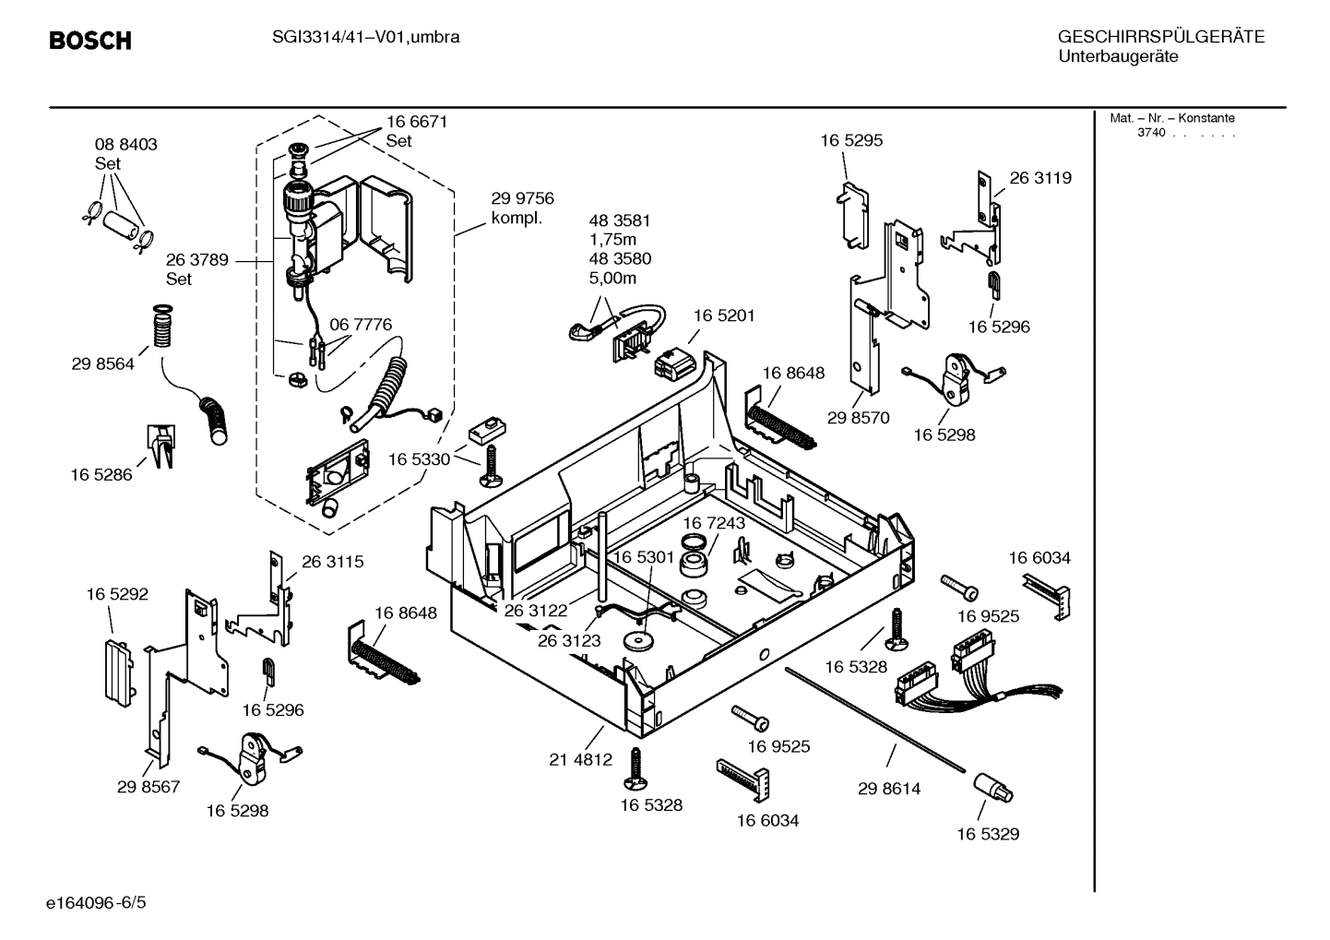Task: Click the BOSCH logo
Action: click(89, 41)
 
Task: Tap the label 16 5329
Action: click(987, 834)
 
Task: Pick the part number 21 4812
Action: click(580, 759)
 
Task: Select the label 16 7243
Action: click(714, 523)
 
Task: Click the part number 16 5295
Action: click(851, 140)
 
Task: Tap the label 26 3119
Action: click(1040, 178)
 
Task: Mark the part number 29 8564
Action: click(102, 363)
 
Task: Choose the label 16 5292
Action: click(117, 595)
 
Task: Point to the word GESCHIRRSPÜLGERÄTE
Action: click(1160, 38)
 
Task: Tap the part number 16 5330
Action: click(419, 459)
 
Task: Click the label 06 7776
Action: click(360, 325)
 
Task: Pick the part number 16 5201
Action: click(724, 315)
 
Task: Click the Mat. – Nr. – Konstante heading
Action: click(1171, 118)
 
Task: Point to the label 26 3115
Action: click(332, 561)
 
